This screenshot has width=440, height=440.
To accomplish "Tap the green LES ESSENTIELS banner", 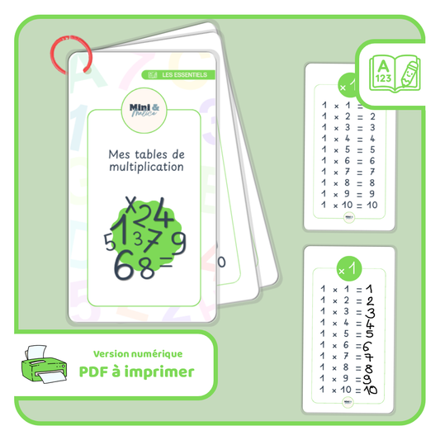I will pos(178,75).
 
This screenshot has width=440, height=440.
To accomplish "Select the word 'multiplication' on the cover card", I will pos(146,167).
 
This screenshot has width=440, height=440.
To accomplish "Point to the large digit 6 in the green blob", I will pos(123,266).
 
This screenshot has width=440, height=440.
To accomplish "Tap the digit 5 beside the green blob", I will pos(109,242).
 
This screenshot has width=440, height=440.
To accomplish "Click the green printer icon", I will pos(42,363).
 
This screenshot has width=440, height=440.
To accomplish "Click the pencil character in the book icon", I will pos(407,73).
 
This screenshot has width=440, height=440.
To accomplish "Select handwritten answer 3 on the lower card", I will pos(371,312).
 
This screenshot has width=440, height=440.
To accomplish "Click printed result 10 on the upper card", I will pos(371,205).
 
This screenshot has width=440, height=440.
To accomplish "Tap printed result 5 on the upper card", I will pos(373,150).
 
